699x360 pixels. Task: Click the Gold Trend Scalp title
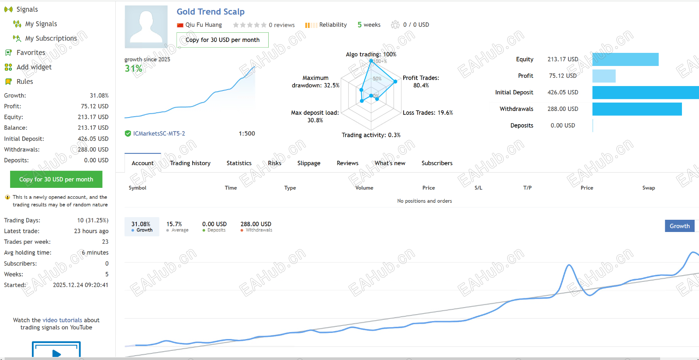[x=211, y=12]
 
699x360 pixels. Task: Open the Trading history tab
[x=190, y=163]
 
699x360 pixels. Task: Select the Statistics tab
[x=239, y=163]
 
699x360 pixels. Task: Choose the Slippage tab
[x=309, y=163]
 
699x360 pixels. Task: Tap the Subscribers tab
[x=437, y=163]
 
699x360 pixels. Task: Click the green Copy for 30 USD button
[x=56, y=179]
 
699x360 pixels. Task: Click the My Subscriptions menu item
[x=51, y=38]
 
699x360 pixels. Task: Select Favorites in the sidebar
[x=31, y=52]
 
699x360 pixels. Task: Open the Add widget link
[x=34, y=67]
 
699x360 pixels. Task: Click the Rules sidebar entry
[x=24, y=81]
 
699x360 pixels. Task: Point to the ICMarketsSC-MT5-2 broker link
[x=159, y=134]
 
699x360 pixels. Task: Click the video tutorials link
[x=62, y=320]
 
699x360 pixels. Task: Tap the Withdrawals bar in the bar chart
[x=637, y=109]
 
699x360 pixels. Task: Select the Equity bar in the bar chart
[x=625, y=59]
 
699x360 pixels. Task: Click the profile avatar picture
[x=146, y=27]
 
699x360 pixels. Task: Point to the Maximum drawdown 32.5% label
[x=315, y=82]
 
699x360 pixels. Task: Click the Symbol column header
[x=138, y=188]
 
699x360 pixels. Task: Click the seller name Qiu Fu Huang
[x=204, y=25]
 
